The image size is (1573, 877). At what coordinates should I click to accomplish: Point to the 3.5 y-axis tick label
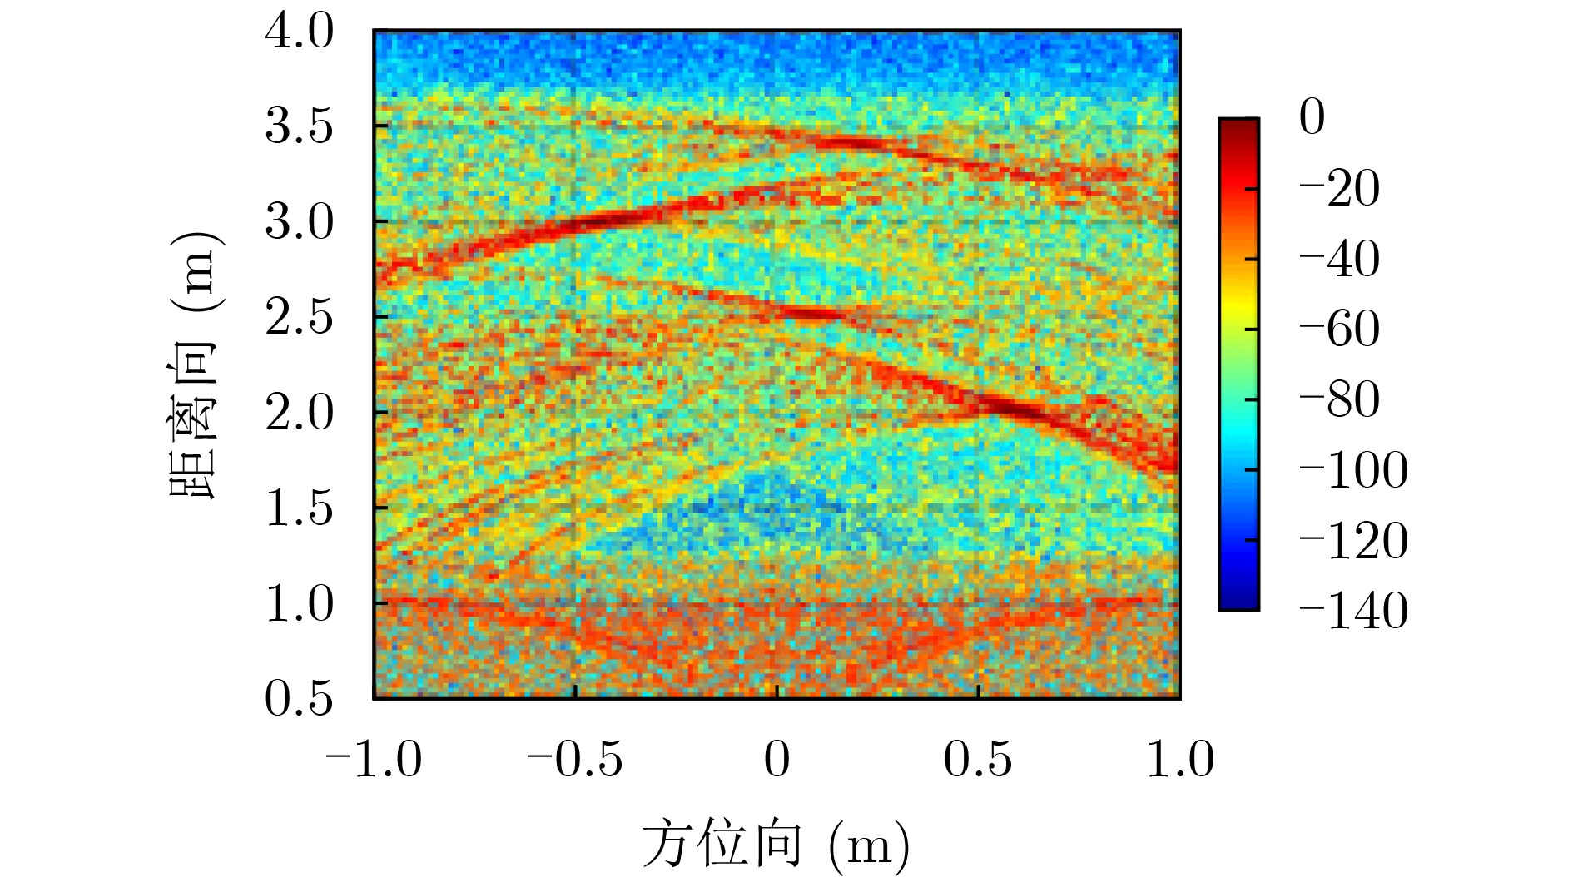coord(299,127)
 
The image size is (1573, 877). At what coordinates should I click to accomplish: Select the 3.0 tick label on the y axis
coord(299,222)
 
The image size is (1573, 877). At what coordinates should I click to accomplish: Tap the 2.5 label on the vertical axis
coord(299,318)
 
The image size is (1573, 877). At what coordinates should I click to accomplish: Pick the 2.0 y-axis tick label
coord(299,413)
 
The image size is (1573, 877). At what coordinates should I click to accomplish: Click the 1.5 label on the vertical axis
coord(299,508)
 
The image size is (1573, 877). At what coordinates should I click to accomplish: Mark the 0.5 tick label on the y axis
coord(299,698)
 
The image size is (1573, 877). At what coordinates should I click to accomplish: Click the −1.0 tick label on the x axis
coord(374,760)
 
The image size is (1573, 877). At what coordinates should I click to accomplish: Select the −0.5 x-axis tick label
coord(575,760)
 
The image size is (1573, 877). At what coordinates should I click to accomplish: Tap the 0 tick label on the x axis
coord(777,760)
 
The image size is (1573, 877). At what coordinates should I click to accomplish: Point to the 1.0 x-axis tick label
coord(1180,760)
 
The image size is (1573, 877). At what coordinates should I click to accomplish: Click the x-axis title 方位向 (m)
coord(776,845)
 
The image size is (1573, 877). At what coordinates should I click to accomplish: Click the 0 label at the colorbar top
coord(1312,117)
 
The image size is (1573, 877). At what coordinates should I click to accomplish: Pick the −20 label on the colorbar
coord(1339,189)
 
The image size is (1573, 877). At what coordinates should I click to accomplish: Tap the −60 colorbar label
coord(1339,329)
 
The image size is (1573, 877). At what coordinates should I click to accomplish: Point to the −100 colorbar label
coord(1353,470)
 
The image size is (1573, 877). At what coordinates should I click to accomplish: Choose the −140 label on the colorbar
coord(1353,611)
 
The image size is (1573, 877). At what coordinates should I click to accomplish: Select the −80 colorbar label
coord(1339,400)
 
